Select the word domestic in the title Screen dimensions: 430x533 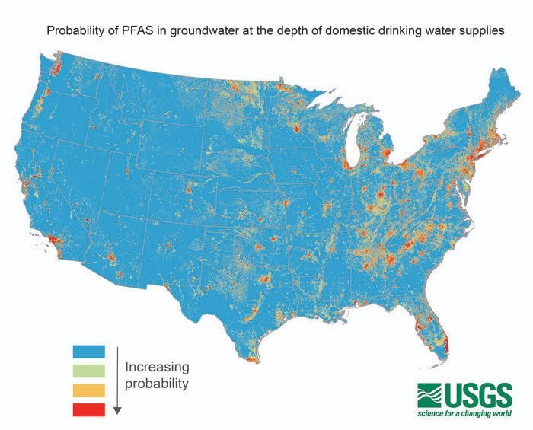(352, 31)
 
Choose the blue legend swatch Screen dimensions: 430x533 (88, 352)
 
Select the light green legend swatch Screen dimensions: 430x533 (88, 371)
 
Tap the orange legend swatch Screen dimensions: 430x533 (88, 390)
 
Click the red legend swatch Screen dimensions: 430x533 (88, 409)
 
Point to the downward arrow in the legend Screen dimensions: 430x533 (117, 381)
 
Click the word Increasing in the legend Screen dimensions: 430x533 (156, 365)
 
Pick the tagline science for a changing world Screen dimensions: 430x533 (464, 414)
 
